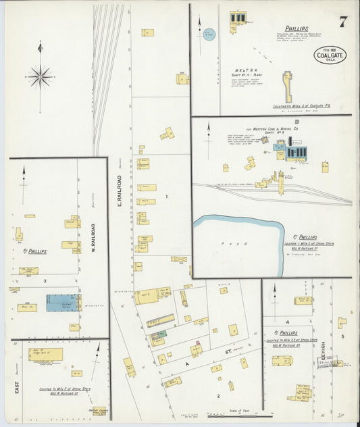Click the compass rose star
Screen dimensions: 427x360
[x=41, y=76]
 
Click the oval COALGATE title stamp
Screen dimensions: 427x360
[x=330, y=54]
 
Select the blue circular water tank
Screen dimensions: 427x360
[x=209, y=34]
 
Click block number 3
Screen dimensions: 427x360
[x=45, y=280]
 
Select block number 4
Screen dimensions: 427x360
[x=287, y=322]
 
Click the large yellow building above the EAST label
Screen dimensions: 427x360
[x=46, y=354]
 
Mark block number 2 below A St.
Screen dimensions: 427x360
[x=218, y=395]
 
